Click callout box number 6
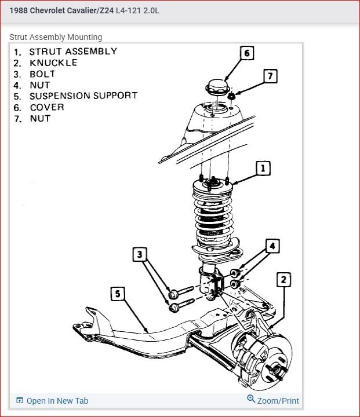[246, 53]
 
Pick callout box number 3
[139, 254]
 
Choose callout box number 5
[118, 294]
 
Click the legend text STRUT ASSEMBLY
[73, 52]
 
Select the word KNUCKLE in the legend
[53, 63]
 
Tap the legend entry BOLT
[42, 74]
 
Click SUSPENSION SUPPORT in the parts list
[83, 96]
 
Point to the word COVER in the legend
[46, 107]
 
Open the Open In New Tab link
[57, 401]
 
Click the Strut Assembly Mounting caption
[56, 37]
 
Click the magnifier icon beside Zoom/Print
[251, 399]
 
